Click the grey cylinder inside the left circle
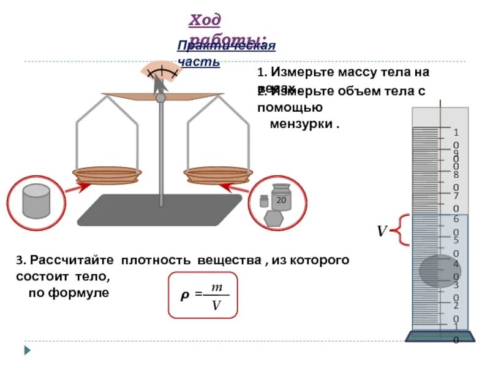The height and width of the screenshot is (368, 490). [x=36, y=201]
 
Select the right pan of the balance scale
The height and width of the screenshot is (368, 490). [x=218, y=175]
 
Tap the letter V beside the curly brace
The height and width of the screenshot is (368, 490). [x=382, y=231]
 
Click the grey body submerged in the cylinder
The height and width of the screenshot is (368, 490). [x=439, y=270]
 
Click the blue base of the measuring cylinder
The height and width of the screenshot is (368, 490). [x=440, y=335]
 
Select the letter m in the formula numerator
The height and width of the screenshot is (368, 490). [x=216, y=287]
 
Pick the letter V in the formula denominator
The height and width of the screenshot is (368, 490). [x=216, y=304]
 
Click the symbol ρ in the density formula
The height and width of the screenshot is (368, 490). [x=183, y=296]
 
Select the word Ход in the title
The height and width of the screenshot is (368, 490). [x=204, y=20]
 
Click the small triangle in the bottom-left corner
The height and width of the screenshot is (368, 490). [x=27, y=350]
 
